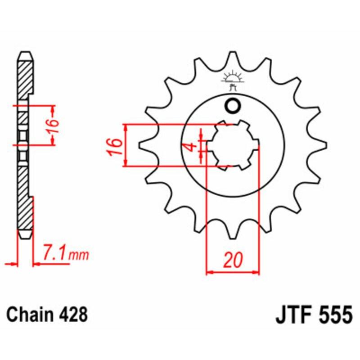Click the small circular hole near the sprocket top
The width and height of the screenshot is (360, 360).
tap(233, 106)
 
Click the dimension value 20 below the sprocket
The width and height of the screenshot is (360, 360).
tap(233, 260)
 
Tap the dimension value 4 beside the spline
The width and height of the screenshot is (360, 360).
tap(191, 147)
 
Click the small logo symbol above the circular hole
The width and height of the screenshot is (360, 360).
tap(233, 79)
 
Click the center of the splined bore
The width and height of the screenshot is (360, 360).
tap(233, 145)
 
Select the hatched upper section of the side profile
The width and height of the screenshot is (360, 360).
tap(25, 76)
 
